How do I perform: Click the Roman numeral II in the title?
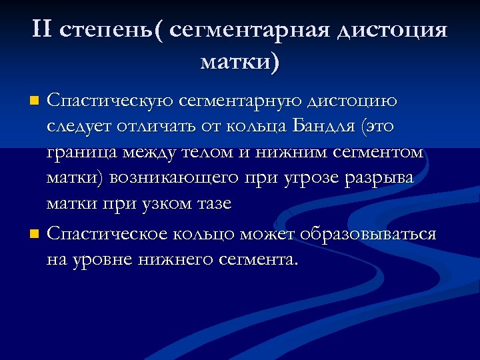point(45,30)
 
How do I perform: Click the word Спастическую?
point(110,101)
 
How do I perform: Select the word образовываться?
point(368,235)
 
